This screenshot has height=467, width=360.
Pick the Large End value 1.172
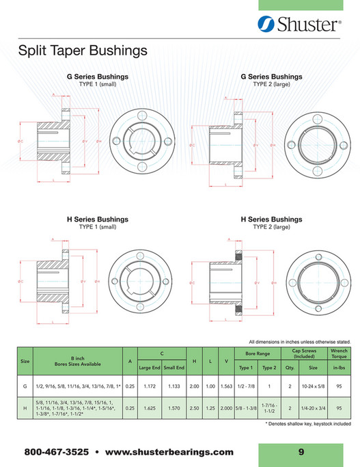tap(150, 386)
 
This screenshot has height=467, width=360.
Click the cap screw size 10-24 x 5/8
tap(314, 386)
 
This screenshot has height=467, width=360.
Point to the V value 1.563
tap(226, 386)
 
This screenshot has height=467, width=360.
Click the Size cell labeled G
tap(25, 386)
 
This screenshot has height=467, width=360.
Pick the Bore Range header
tap(258, 353)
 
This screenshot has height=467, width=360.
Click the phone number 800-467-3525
tap(56, 453)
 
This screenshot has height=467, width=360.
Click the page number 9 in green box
tap(301, 452)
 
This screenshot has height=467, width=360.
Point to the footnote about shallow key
tap(308, 425)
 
